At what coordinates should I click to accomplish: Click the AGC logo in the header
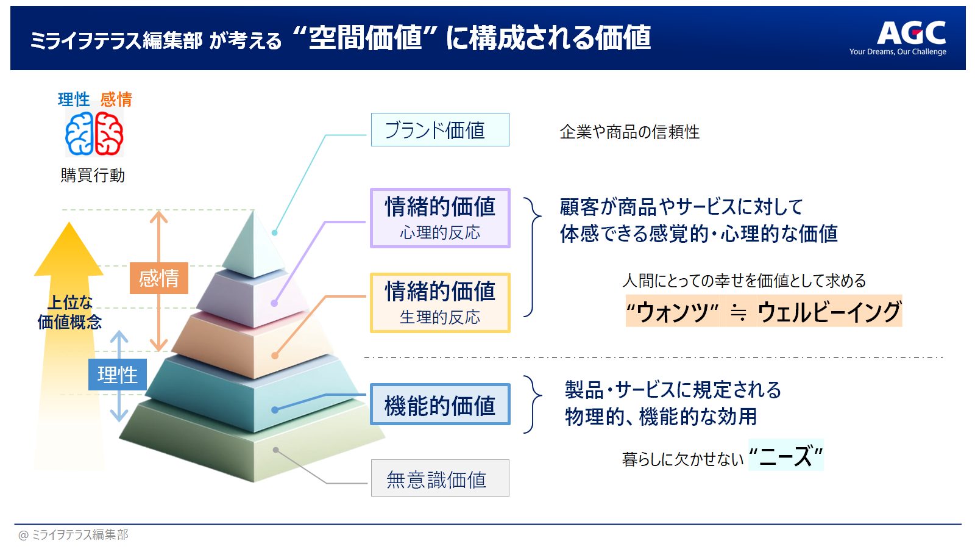click(x=910, y=33)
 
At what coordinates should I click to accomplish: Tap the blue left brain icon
click(x=79, y=134)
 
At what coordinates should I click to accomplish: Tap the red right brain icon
click(x=109, y=134)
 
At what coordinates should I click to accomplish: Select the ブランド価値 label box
click(x=440, y=130)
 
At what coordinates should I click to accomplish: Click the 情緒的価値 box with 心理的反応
click(x=440, y=218)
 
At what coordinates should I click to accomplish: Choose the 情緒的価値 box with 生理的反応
click(x=440, y=303)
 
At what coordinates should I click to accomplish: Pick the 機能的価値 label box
click(x=440, y=404)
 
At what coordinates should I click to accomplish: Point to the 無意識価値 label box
click(x=440, y=478)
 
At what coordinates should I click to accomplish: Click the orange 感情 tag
click(x=159, y=278)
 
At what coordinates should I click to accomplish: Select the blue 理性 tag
click(x=118, y=375)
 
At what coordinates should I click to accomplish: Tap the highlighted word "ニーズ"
click(x=785, y=455)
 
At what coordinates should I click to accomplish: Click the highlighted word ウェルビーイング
click(x=829, y=311)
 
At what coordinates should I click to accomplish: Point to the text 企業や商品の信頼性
click(x=629, y=132)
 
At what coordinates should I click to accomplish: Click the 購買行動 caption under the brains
click(x=93, y=175)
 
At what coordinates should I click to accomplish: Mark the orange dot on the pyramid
click(x=275, y=356)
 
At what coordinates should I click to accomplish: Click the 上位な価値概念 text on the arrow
click(x=69, y=312)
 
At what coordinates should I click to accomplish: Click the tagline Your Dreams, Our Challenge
click(x=898, y=51)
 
